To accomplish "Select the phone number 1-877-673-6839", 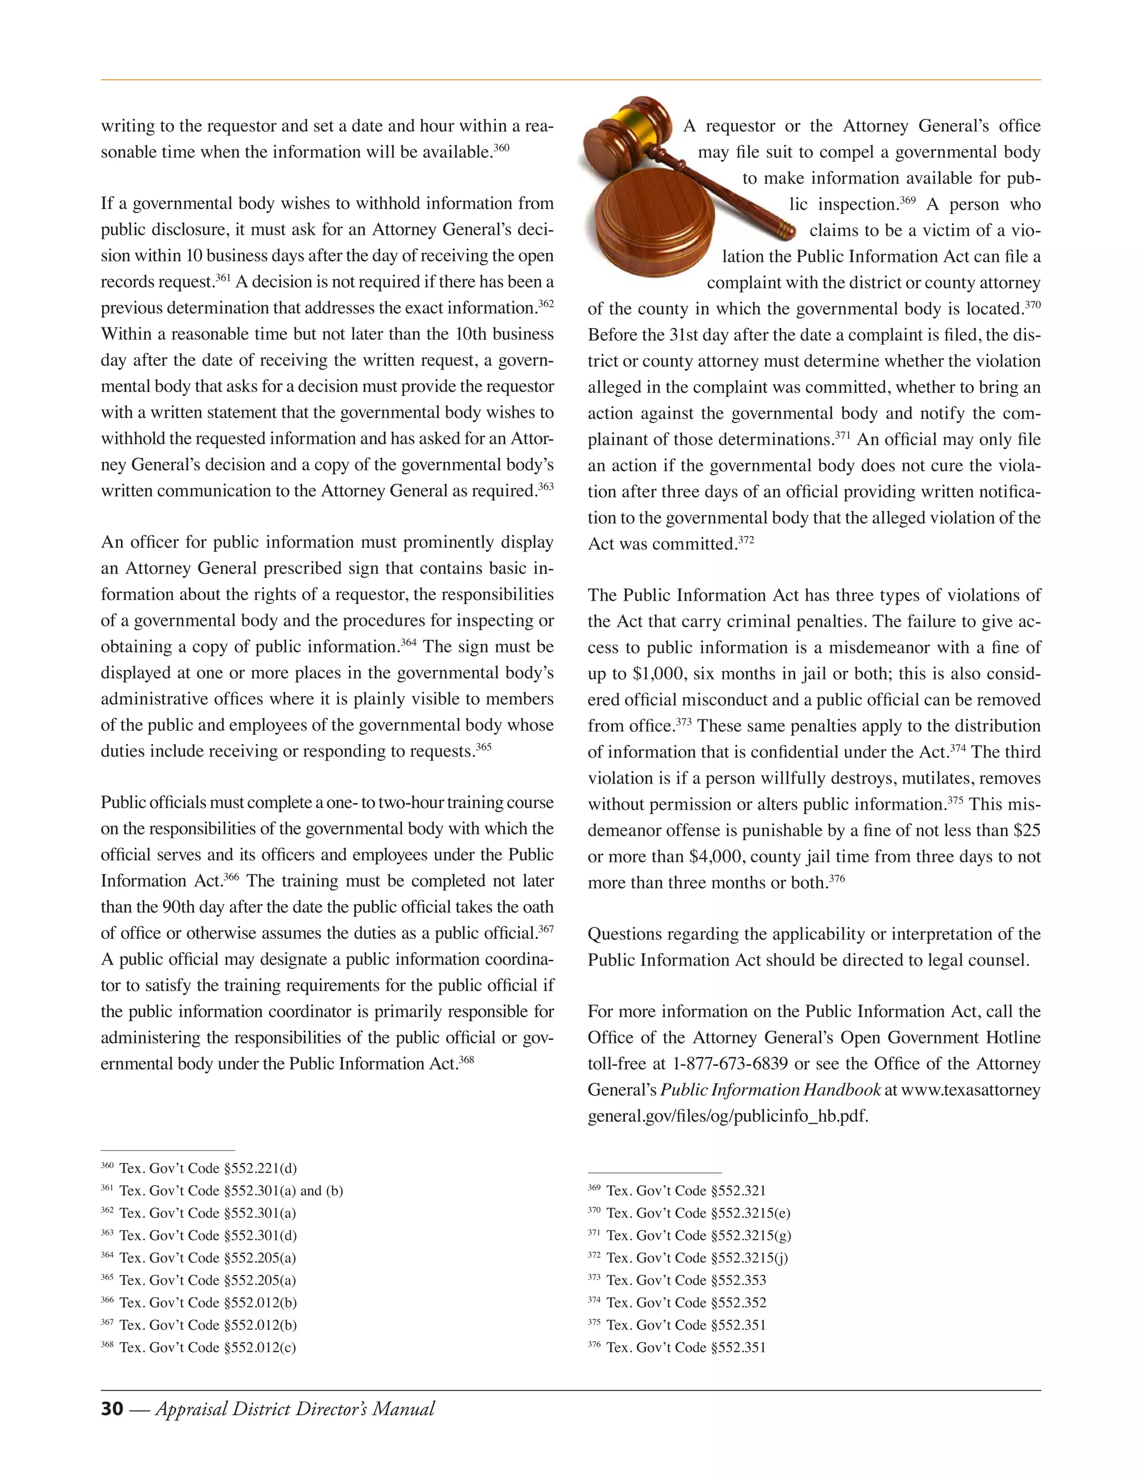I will pyautogui.click(x=730, y=1063).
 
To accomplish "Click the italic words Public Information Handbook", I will pyautogui.click(x=770, y=1090).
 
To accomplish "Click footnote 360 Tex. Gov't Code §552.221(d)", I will pyautogui.click(x=199, y=1168).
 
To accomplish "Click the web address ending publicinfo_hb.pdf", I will pyautogui.click(x=728, y=1116).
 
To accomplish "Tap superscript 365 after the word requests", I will pyautogui.click(x=483, y=747).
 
